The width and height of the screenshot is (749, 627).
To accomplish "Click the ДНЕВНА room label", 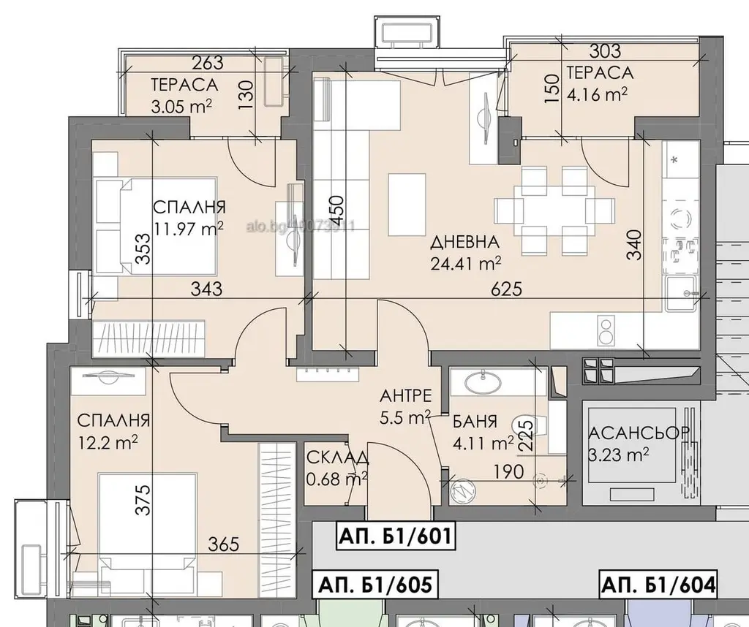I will click(465, 243).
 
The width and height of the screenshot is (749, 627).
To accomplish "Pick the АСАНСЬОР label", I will click(639, 433).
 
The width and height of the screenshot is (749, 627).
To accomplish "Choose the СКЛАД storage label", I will click(338, 459).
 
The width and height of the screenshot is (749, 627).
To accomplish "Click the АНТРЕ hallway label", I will click(406, 397).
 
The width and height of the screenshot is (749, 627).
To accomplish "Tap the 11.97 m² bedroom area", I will click(189, 229).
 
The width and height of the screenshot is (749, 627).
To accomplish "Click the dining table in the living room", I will click(554, 210).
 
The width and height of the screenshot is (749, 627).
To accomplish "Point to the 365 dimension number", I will click(225, 544).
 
